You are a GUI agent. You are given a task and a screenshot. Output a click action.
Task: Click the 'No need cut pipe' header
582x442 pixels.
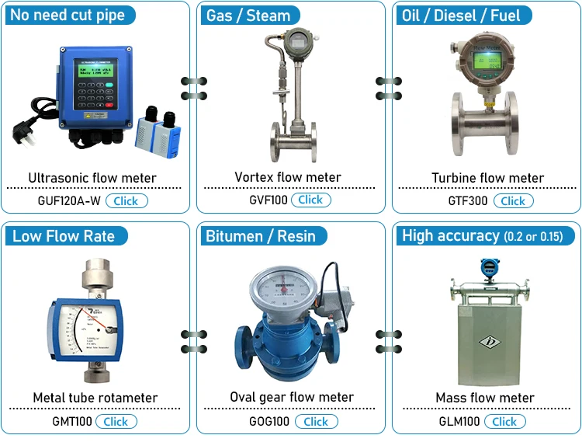(68, 16)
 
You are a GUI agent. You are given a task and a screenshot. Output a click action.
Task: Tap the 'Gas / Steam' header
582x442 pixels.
(248, 16)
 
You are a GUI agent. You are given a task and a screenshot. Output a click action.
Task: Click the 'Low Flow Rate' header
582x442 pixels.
(64, 236)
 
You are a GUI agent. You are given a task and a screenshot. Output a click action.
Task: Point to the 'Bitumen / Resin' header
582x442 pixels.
(261, 236)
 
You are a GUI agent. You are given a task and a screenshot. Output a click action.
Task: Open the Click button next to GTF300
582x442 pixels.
(513, 200)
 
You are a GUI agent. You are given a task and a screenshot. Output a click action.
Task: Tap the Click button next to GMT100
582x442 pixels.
(116, 421)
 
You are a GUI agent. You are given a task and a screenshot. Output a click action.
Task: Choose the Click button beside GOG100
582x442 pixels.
(316, 421)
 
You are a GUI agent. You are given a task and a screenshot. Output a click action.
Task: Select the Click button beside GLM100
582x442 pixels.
(504, 421)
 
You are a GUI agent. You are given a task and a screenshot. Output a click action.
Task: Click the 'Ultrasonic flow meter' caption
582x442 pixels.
(92, 178)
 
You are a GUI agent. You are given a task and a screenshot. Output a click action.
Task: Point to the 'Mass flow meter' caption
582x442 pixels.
(485, 398)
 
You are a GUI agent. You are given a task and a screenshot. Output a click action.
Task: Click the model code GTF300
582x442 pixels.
(468, 200)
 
